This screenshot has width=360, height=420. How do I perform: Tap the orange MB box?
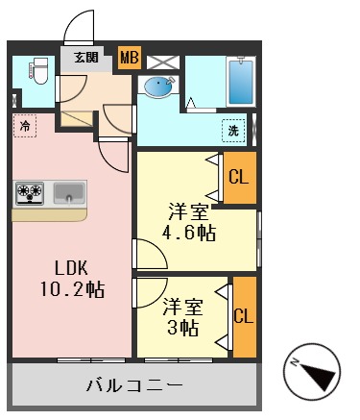click(x=128, y=58)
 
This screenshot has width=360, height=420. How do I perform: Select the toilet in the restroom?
click(x=39, y=70)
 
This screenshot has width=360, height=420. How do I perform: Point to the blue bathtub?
click(x=240, y=83)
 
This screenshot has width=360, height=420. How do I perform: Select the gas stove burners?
click(x=30, y=192)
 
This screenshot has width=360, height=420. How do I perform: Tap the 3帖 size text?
click(x=181, y=328)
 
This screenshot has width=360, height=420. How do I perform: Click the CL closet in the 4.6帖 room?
click(x=239, y=177)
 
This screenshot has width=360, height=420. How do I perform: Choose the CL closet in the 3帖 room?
click(x=244, y=316)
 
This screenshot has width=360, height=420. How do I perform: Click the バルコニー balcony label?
click(x=134, y=385)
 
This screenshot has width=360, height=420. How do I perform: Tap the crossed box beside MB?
click(x=159, y=58)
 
